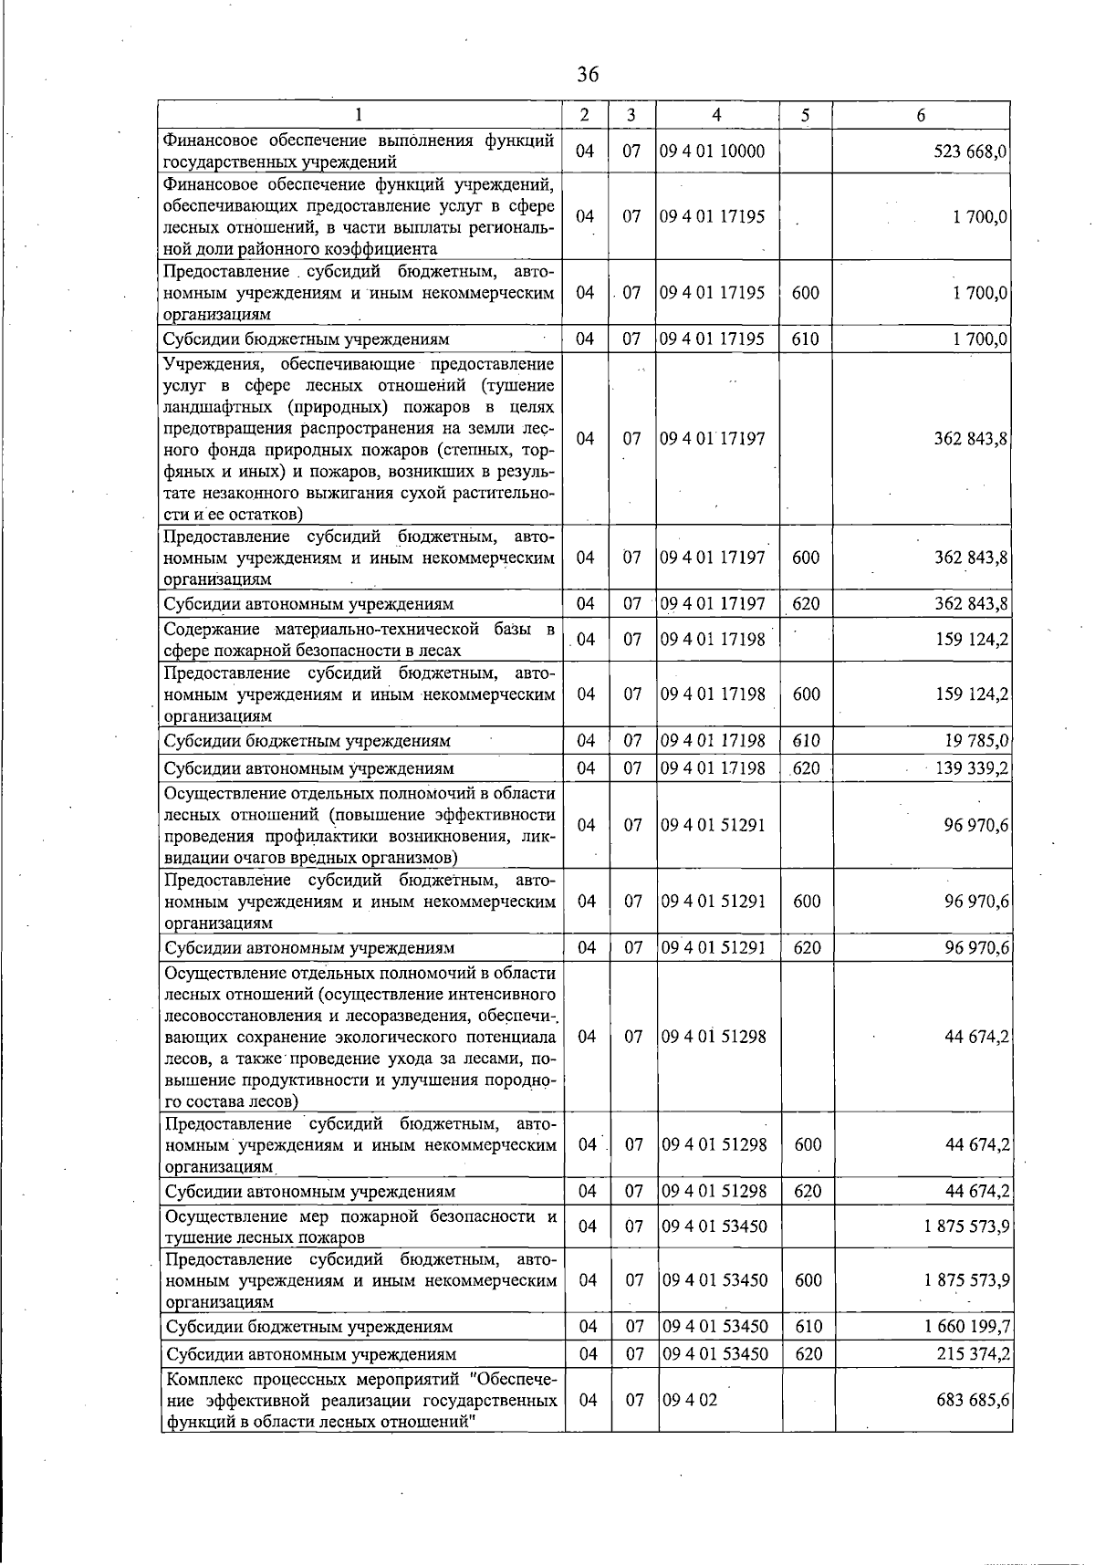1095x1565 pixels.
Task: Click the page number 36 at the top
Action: (x=588, y=74)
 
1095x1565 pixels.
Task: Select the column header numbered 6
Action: (x=921, y=115)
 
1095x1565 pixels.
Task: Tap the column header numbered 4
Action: (x=717, y=115)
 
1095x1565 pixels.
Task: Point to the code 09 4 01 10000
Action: (x=713, y=151)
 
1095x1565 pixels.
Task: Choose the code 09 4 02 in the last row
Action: (x=690, y=1399)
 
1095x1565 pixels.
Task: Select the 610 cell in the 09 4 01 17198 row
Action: (x=806, y=740)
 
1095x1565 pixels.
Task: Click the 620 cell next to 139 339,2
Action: (x=806, y=768)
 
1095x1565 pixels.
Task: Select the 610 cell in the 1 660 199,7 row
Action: (x=808, y=1326)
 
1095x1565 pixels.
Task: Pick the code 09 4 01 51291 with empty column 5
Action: (x=714, y=825)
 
